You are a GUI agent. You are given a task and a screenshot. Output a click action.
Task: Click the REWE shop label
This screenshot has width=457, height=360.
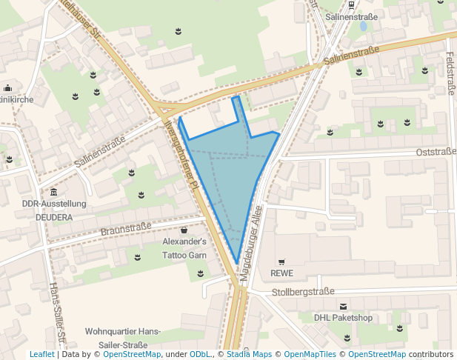[281, 273]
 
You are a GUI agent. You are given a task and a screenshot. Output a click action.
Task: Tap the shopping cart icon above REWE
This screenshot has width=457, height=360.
[281, 262]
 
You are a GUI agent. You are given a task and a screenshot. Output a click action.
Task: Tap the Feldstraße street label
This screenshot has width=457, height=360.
[450, 74]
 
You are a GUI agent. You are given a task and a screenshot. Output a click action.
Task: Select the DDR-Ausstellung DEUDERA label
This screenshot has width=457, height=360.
[55, 210]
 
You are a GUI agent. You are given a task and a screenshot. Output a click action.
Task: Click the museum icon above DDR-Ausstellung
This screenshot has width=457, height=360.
[54, 193]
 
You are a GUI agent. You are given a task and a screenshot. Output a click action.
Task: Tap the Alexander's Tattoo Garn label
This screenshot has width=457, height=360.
[184, 248]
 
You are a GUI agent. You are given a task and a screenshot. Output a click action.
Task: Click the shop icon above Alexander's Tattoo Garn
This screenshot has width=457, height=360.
[184, 231]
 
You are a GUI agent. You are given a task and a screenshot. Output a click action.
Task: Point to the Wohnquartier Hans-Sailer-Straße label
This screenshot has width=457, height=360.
[123, 338]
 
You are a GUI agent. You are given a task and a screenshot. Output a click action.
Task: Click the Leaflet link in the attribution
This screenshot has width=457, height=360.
[41, 354]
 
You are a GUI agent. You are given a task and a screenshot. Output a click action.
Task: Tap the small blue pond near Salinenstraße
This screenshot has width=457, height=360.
[363, 26]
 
